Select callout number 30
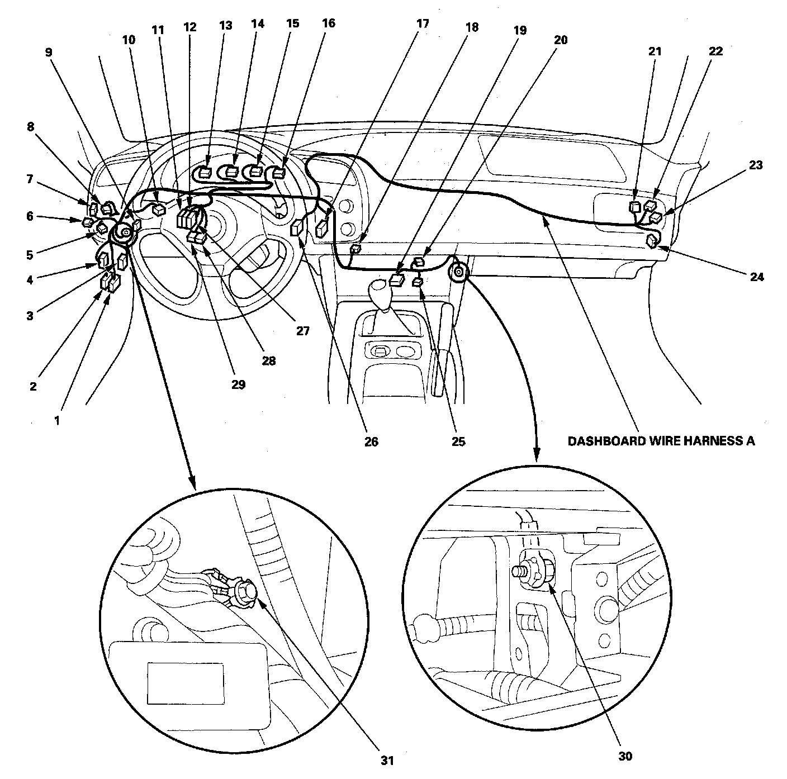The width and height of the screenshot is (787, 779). (x=625, y=756)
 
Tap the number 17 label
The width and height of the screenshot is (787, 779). (x=423, y=23)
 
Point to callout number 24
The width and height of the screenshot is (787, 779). (x=756, y=277)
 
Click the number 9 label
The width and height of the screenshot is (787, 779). (x=49, y=53)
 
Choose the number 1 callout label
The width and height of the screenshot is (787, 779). (x=56, y=421)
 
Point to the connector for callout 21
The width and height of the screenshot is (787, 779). (x=634, y=207)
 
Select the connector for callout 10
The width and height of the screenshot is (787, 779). (x=159, y=210)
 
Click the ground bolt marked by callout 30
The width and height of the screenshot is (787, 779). (x=523, y=573)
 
